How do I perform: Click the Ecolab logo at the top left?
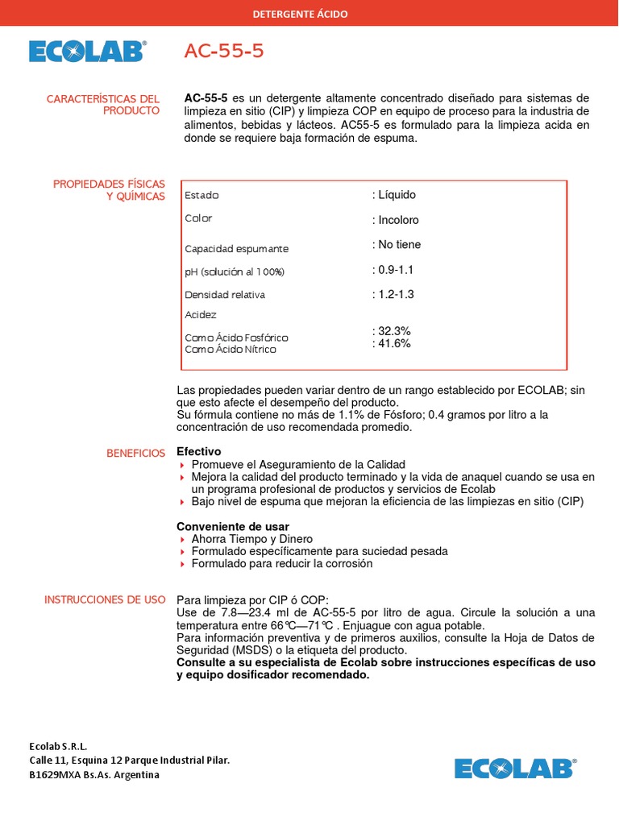(87, 52)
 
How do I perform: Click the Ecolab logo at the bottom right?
(513, 768)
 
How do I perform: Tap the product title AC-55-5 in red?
(224, 52)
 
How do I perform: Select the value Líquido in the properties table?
(397, 195)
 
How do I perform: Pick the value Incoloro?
(398, 220)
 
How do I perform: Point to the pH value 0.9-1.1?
(396, 270)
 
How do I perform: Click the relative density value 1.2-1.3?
(396, 295)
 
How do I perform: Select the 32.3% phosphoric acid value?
(394, 331)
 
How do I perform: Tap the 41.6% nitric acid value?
(394, 343)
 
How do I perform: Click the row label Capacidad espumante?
(236, 249)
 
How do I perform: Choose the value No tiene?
(399, 245)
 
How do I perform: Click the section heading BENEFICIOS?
(135, 454)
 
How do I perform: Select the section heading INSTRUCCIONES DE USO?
(105, 599)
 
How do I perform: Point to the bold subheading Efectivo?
(198, 452)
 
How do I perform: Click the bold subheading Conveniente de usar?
(233, 526)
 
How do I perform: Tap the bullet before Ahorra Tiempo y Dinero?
(181, 540)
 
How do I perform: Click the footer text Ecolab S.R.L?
(58, 746)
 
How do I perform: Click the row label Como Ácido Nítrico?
(230, 350)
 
